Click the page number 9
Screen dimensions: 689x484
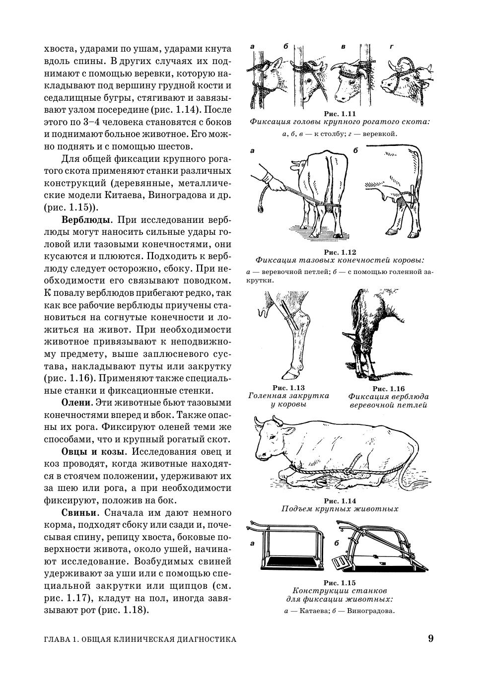pyautogui.click(x=430, y=638)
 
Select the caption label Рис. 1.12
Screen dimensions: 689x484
pyautogui.click(x=340, y=252)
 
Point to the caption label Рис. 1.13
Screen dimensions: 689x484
pyautogui.click(x=288, y=388)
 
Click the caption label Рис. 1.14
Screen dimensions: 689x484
pyautogui.click(x=340, y=501)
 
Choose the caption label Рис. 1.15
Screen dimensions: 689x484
pyautogui.click(x=340, y=583)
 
